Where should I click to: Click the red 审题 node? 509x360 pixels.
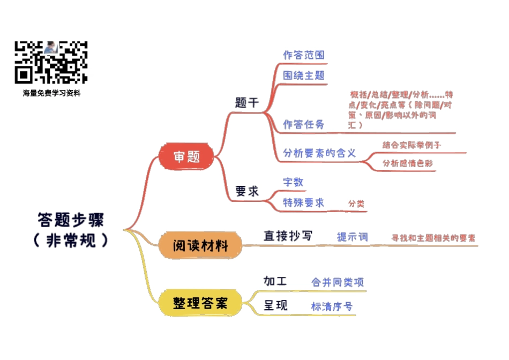point(186,156)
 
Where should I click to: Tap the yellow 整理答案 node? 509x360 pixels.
point(200,303)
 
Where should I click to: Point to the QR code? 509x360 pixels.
point(51,62)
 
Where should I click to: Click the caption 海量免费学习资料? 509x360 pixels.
point(51,93)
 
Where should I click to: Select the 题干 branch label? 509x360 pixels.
point(247,103)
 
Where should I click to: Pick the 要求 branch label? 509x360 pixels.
point(247,191)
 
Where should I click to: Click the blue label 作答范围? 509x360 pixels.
point(303,55)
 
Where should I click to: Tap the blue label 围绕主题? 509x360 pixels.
point(303,75)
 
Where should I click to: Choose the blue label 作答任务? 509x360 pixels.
point(303,124)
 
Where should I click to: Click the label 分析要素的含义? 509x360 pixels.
point(319,153)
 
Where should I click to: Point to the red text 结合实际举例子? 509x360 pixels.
point(411,145)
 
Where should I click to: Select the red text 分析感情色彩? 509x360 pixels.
point(408,163)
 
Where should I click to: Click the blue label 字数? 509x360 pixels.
point(293,182)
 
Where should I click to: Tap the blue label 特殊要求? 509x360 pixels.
point(303,202)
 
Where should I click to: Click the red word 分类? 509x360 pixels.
point(356,204)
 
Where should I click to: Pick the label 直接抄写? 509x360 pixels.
point(288,236)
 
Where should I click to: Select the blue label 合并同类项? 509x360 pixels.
point(338,282)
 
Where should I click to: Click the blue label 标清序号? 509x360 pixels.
point(332,306)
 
